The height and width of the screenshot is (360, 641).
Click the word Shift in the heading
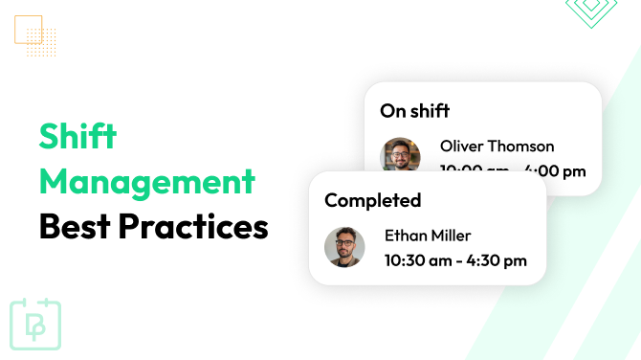pyautogui.click(x=77, y=137)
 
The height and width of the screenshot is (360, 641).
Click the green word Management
pyautogui.click(x=147, y=182)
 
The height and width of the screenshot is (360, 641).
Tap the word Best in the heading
pyautogui.click(x=78, y=228)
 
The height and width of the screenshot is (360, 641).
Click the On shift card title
pyautogui.click(x=415, y=110)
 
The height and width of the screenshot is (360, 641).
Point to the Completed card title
pyautogui.click(x=372, y=200)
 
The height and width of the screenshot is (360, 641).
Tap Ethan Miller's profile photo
pyautogui.click(x=344, y=247)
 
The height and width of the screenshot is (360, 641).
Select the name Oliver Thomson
pyautogui.click(x=497, y=146)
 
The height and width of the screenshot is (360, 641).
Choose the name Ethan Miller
pyautogui.click(x=428, y=236)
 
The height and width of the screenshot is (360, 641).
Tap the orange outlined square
pyautogui.click(x=29, y=30)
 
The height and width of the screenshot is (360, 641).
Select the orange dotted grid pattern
pyautogui.click(x=43, y=42)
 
